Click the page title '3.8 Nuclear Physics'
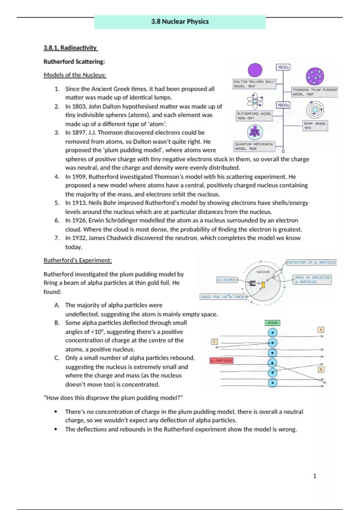coord(180,22)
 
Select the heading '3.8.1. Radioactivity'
coord(70,48)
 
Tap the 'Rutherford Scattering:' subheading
coord(74,61)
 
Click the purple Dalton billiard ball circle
coord(255,70)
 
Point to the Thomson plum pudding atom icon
coord(315,76)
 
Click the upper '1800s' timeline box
coord(283,67)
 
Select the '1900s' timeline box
coord(283,105)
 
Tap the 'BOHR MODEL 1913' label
coord(315,126)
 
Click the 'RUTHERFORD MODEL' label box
coord(254,116)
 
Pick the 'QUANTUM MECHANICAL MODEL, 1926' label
coord(254,146)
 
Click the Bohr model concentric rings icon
coord(315,110)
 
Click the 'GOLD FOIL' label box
coord(223,297)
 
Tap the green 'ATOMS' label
coord(272,323)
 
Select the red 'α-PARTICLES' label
coord(221,360)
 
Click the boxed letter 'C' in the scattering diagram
coord(214,342)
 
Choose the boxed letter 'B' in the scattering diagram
coord(321,370)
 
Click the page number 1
coord(315,476)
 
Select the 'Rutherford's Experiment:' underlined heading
coord(78,260)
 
